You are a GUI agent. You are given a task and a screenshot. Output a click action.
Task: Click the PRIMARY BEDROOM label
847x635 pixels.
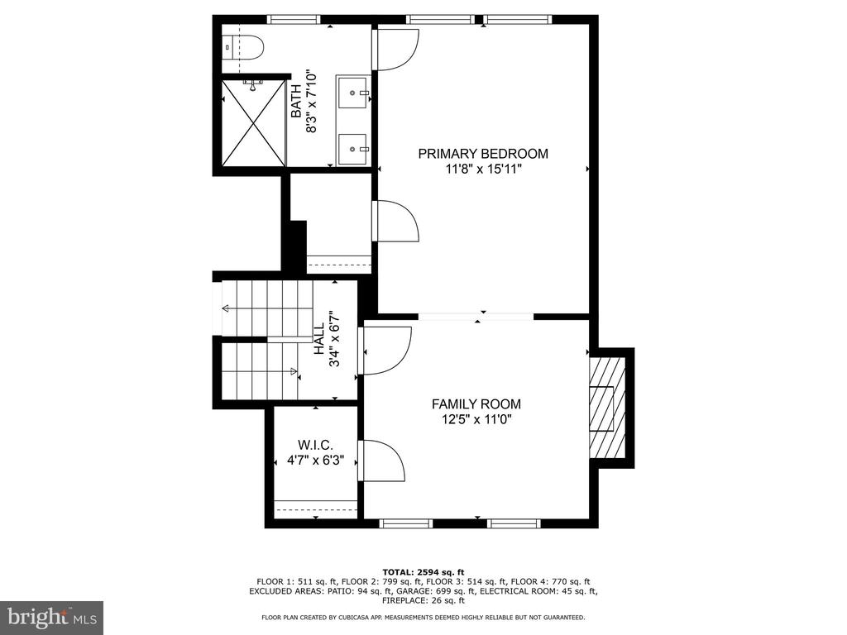[x=483, y=154]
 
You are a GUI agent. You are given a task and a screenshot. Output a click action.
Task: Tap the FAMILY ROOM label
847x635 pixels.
[x=476, y=403]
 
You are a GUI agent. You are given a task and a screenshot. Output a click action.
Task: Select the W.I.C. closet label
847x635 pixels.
[x=315, y=446]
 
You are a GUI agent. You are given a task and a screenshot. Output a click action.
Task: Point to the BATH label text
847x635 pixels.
[x=297, y=101]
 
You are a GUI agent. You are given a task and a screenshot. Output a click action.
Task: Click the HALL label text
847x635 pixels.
[x=320, y=338]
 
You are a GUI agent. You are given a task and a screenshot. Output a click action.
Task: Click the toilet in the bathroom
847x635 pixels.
[x=242, y=47]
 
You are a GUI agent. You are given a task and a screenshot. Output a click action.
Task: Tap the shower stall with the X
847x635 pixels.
[x=253, y=123]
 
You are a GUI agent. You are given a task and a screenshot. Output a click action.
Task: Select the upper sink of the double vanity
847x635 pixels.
[x=353, y=93]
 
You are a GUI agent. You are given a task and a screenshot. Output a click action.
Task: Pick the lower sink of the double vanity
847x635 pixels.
[x=353, y=149]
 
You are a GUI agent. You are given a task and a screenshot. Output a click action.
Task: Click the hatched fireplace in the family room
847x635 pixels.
[x=608, y=408]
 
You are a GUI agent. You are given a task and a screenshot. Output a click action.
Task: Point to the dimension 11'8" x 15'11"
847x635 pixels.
[x=483, y=169]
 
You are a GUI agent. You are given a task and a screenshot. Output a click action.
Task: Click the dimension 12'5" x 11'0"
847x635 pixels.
[x=476, y=419]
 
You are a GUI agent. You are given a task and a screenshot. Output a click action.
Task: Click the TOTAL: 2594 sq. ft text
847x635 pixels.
[x=423, y=572]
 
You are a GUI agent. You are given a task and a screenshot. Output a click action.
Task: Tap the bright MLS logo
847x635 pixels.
[x=52, y=617]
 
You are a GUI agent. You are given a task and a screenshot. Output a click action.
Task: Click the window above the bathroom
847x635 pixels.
[x=294, y=20]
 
